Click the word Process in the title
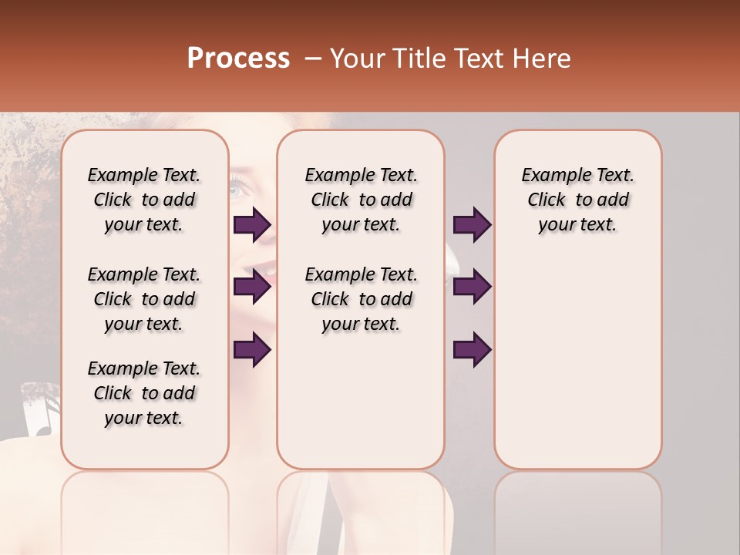coord(238,59)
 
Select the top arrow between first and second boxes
coord(252,225)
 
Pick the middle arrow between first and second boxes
coord(252,287)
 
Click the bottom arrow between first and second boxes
coord(252,349)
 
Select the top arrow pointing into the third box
coord(472,225)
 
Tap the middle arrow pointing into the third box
coord(472,287)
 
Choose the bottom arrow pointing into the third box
coord(472,349)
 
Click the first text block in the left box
coord(144,200)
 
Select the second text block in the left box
coord(144,299)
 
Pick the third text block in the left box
coord(144,393)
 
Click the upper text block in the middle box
coord(361,200)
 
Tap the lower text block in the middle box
coord(361,299)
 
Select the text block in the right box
coord(577,200)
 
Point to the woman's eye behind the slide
coord(238,185)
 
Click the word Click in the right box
coord(547,200)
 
